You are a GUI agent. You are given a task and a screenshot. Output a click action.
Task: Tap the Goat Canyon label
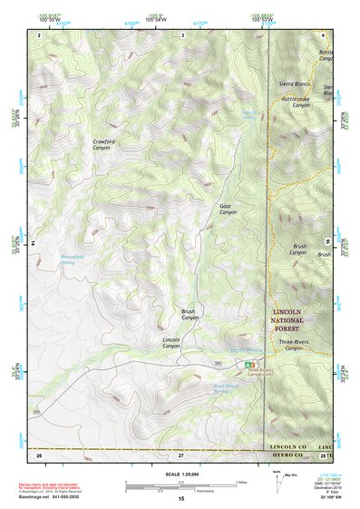[228, 209]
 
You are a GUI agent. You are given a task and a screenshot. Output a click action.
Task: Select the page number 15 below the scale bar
[181, 498]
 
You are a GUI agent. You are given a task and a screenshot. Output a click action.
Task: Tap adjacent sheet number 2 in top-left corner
[40, 34]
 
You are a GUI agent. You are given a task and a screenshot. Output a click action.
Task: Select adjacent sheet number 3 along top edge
[183, 34]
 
